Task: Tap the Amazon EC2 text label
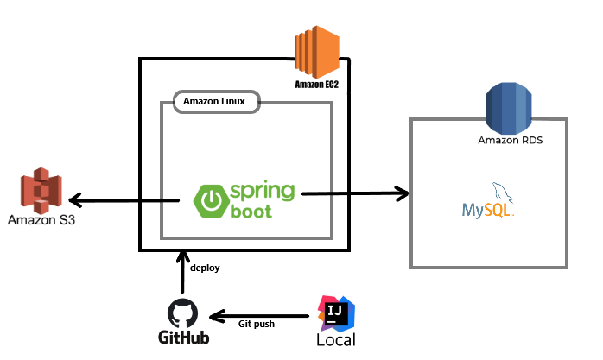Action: [x=315, y=85]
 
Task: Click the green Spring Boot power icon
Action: [x=209, y=200]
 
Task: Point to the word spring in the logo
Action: [x=263, y=192]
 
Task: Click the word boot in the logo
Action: [x=251, y=211]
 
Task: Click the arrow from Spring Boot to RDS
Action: [x=354, y=193]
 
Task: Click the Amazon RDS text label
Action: [x=511, y=140]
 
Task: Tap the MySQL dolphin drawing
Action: [x=502, y=193]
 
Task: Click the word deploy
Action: [x=205, y=268]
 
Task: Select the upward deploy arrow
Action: [x=182, y=272]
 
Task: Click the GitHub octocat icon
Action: [x=183, y=313]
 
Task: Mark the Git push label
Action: [x=257, y=324]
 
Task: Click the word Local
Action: [x=335, y=340]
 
